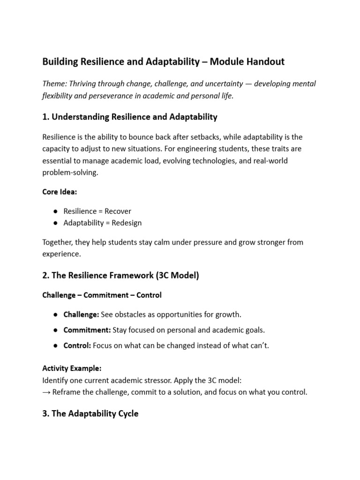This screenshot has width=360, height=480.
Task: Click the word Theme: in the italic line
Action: [54, 83]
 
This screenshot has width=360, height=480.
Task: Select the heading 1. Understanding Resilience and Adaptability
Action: [130, 117]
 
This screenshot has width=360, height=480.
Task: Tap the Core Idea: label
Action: [60, 192]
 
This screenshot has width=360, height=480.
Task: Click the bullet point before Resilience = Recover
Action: [55, 211]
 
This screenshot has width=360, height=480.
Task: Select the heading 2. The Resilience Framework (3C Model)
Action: [120, 276]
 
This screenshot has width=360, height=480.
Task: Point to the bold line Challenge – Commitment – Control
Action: [102, 295]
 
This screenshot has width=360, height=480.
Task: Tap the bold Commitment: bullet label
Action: [87, 330]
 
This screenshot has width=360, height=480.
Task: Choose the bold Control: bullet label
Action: [77, 345]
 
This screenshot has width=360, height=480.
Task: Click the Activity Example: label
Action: [72, 368]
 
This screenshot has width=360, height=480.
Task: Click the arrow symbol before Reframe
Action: [46, 392]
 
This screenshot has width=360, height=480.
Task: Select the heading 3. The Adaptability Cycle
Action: [90, 414]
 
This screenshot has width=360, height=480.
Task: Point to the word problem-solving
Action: [71, 172]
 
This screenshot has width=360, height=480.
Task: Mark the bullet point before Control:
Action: [55, 345]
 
